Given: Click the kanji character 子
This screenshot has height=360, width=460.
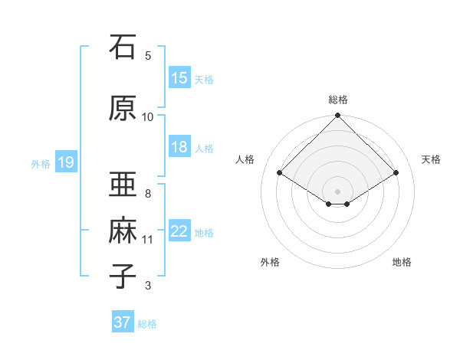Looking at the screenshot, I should pyautogui.click(x=123, y=276).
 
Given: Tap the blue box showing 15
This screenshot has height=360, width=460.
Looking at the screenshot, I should pyautogui.click(x=179, y=78).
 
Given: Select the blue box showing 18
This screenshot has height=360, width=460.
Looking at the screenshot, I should pyautogui.click(x=179, y=147).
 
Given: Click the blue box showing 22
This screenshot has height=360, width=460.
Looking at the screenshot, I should pyautogui.click(x=179, y=231).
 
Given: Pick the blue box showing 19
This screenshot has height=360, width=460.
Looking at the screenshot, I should pyautogui.click(x=65, y=162).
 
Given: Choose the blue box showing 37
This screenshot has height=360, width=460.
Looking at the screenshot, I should pyautogui.click(x=123, y=322).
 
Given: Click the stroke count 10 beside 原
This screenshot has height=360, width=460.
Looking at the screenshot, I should pyautogui.click(x=148, y=116).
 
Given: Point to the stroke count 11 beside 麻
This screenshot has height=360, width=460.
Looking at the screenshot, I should pyautogui.click(x=148, y=240).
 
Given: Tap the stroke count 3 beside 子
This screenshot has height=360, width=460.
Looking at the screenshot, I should pyautogui.click(x=148, y=286).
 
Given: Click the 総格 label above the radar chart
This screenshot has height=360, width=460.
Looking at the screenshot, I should pyautogui.click(x=338, y=100).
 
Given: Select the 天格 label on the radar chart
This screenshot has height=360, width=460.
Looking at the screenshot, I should pyautogui.click(x=431, y=159).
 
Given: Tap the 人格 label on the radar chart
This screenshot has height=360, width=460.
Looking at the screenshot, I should pyautogui.click(x=245, y=159).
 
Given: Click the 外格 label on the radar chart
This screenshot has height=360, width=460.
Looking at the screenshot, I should pyautogui.click(x=270, y=263).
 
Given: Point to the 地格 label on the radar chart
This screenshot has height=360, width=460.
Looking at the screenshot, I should pyautogui.click(x=402, y=263).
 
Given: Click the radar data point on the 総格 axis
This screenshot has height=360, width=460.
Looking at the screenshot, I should pyautogui.click(x=338, y=116).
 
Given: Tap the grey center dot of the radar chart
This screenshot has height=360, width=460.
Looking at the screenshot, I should pyautogui.click(x=338, y=190).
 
